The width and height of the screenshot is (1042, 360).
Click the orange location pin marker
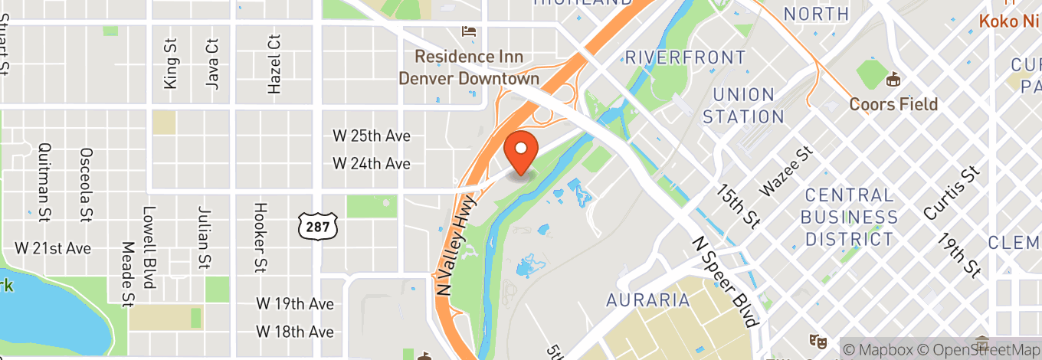[522, 152]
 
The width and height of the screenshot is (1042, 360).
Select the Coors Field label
[893, 103]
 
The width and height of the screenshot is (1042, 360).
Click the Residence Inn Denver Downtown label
[469, 67]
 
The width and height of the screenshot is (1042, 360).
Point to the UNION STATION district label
[743, 106]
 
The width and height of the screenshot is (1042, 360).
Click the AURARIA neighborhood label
[647, 299]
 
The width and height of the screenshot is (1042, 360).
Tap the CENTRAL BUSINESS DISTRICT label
[848, 217]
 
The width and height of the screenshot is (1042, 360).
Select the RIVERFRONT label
[685, 57]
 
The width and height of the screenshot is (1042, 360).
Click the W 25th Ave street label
[372, 136]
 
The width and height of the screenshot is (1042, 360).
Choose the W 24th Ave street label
[372, 163]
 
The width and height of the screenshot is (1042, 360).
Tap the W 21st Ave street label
[53, 248]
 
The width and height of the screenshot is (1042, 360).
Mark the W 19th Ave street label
[295, 304]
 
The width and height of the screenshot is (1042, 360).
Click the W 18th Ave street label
[295, 332]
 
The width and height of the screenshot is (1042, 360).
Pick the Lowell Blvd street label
[149, 247]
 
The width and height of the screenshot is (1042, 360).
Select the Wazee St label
[786, 173]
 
